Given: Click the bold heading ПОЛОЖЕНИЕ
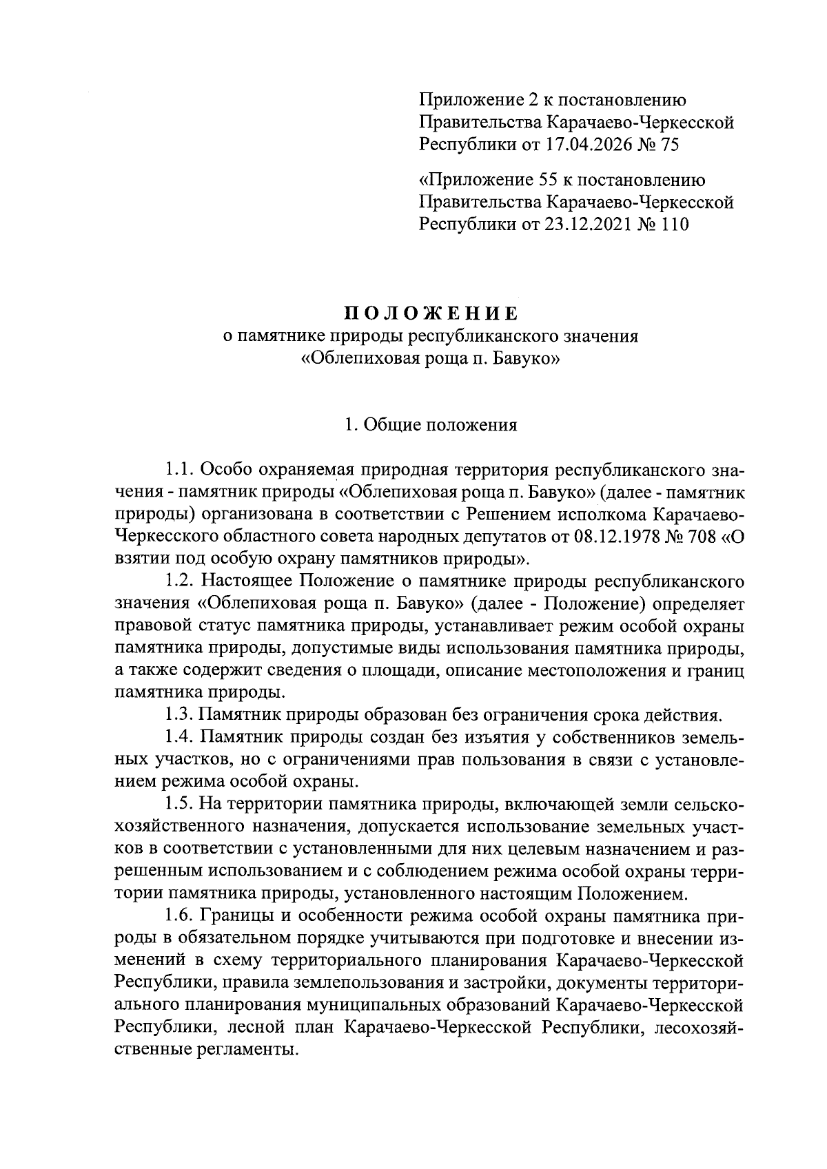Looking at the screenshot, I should [x=431, y=313].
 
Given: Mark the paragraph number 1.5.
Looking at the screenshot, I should [x=181, y=803].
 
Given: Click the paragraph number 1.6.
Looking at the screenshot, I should [x=181, y=915].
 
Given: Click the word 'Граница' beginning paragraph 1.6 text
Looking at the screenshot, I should [x=238, y=915].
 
